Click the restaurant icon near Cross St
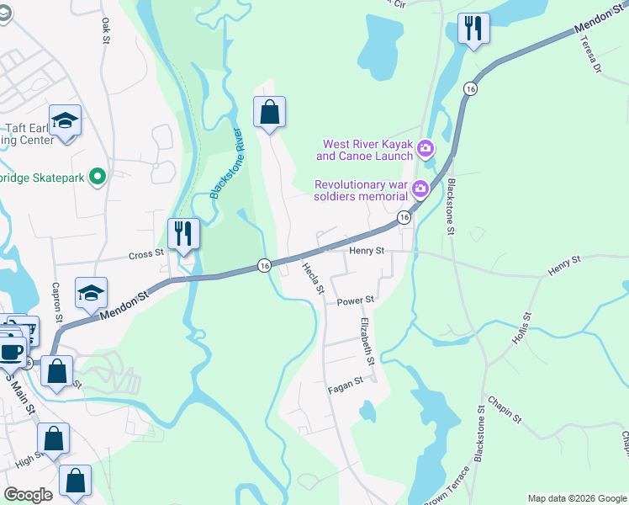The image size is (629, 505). click(x=183, y=232)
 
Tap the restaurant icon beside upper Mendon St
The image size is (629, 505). click(x=473, y=29)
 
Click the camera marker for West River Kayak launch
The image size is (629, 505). click(x=425, y=150)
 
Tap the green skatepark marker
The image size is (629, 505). click(x=98, y=176)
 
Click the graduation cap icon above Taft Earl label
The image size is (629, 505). click(x=65, y=120)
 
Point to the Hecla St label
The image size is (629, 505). click(x=313, y=277)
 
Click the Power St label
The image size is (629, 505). click(x=355, y=300)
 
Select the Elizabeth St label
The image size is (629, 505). click(x=367, y=341)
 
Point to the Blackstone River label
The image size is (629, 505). click(x=226, y=163)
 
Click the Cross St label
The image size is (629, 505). click(x=145, y=253)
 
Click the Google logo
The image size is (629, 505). click(x=28, y=495)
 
